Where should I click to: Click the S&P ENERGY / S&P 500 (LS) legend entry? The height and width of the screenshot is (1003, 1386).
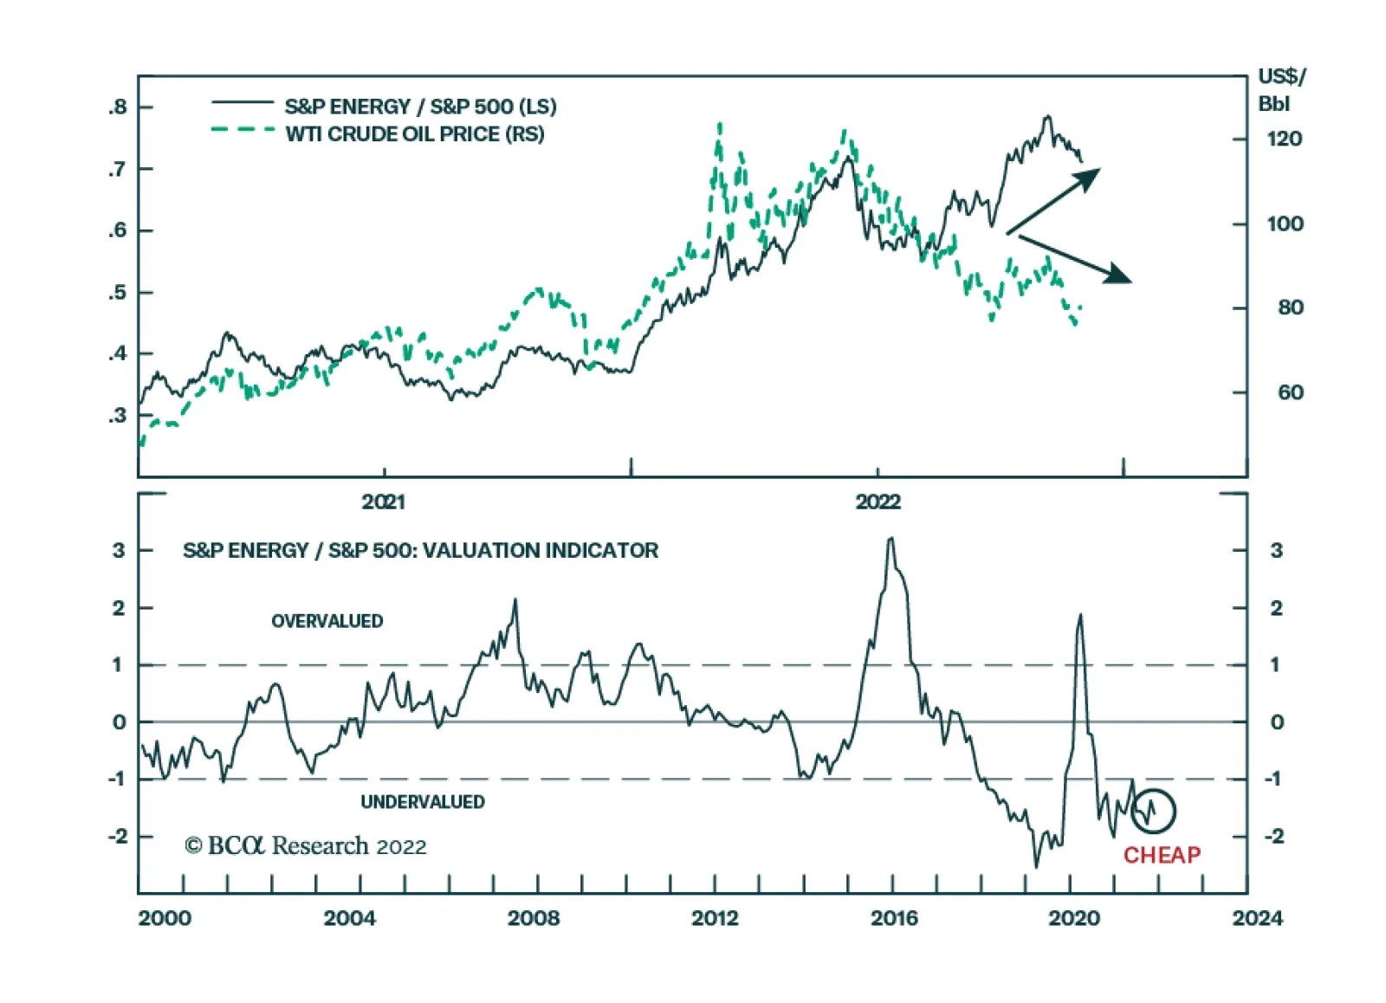click(420, 107)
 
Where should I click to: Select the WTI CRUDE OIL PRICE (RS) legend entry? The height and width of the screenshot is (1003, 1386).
click(415, 134)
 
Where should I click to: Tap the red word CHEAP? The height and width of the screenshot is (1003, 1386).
click(1162, 856)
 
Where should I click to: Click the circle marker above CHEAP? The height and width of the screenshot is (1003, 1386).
click(1153, 811)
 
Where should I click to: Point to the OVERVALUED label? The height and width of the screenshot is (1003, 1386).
click(327, 621)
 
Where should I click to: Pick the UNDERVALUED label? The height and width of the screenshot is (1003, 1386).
click(423, 802)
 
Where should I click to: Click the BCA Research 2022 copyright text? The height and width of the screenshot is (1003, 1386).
click(306, 845)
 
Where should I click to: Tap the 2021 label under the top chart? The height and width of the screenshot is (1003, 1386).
click(383, 501)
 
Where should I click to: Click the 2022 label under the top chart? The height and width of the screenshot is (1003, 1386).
click(878, 501)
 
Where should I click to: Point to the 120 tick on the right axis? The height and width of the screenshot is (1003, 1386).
click(1284, 139)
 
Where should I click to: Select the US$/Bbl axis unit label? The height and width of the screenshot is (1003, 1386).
click(1280, 90)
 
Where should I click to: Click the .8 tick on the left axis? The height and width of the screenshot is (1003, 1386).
click(118, 107)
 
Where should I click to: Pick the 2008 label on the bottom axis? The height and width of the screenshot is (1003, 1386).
click(534, 918)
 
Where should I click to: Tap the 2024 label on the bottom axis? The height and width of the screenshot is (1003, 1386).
click(1257, 918)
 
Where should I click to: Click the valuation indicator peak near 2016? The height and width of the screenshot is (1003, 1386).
click(891, 540)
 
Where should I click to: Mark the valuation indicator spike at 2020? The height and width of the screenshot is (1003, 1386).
click(1079, 615)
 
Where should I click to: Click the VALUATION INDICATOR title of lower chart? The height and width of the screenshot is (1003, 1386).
click(420, 550)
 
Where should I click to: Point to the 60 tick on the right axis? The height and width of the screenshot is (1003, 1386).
click(1290, 392)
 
